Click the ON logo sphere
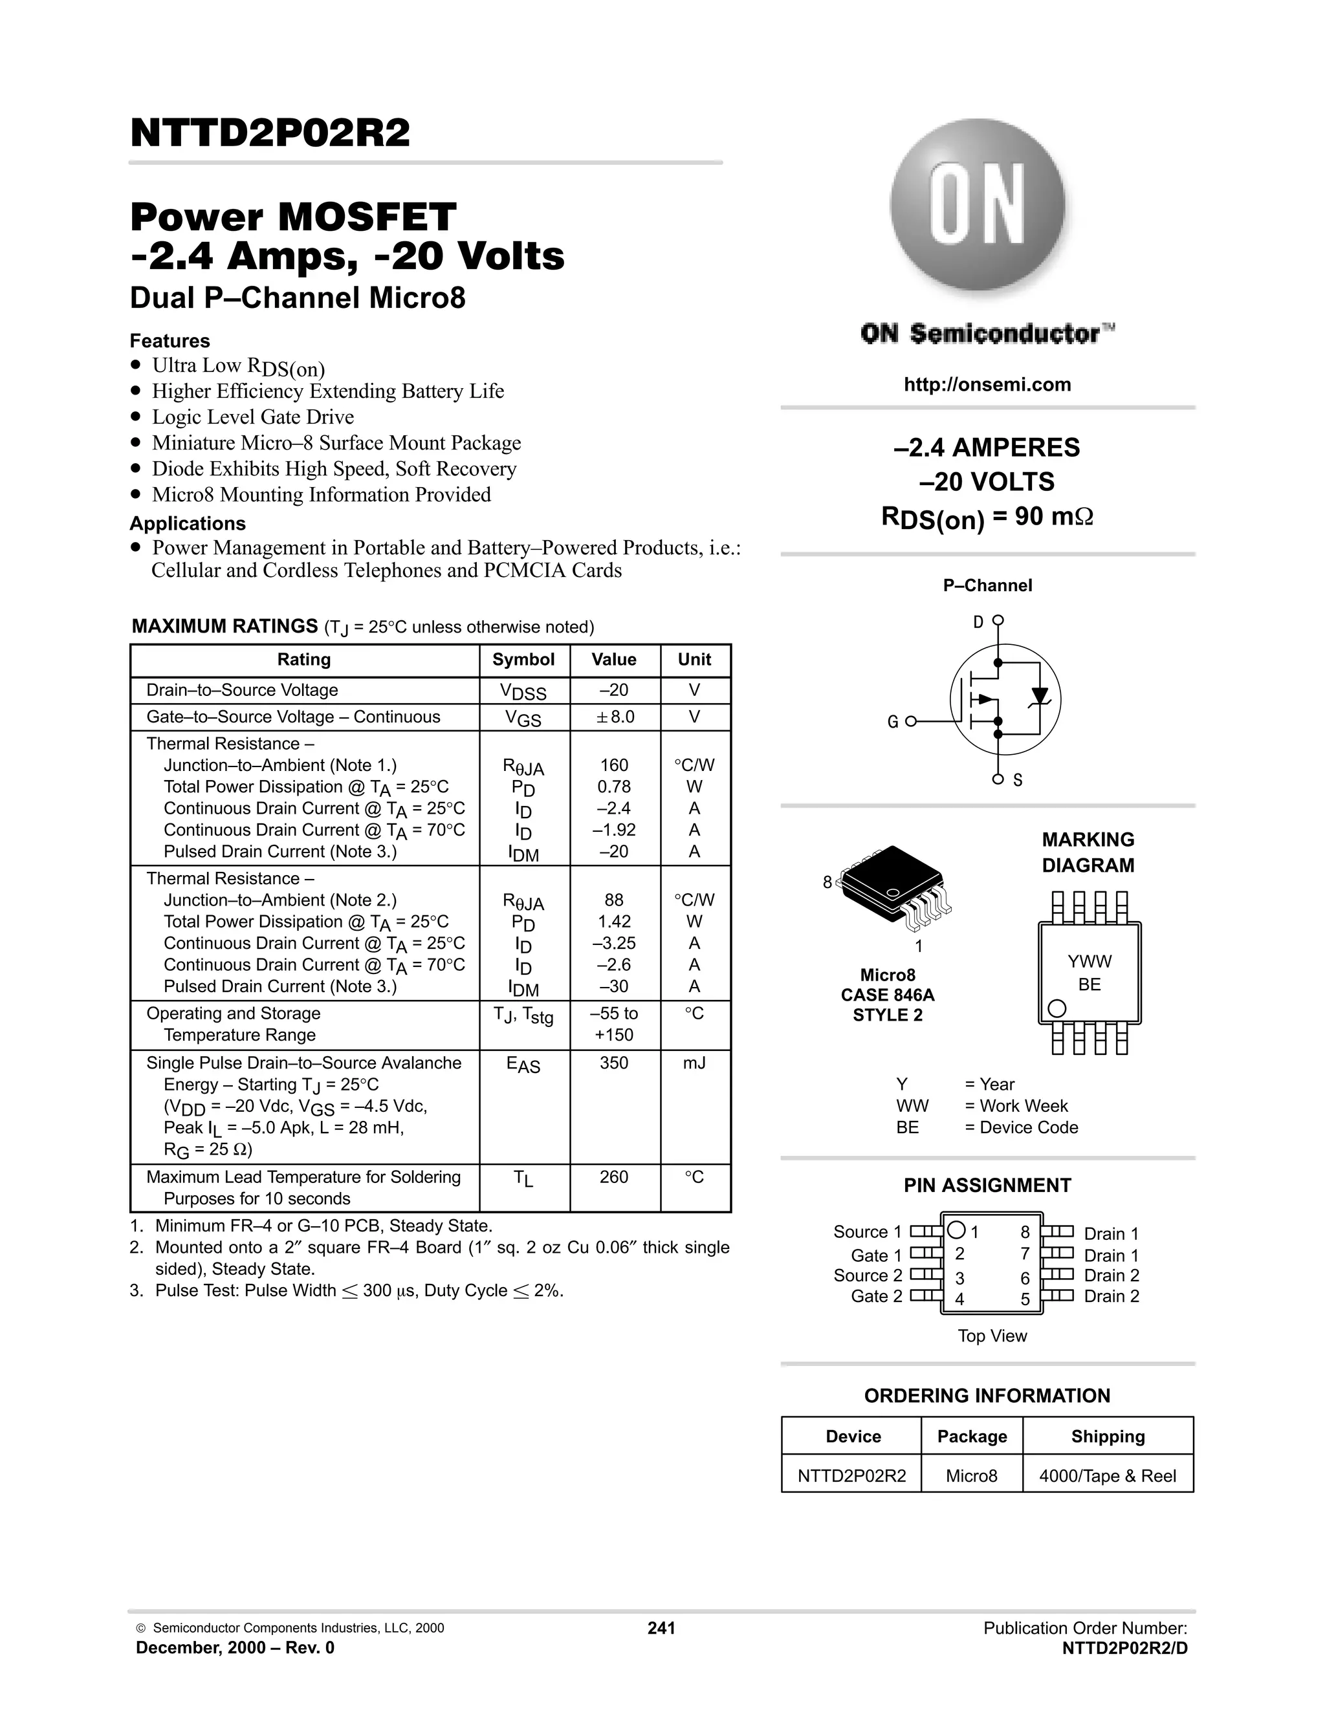click(x=978, y=207)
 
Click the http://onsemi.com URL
click(x=987, y=385)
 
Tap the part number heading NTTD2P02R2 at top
click(x=270, y=133)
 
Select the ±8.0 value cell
click(x=615, y=717)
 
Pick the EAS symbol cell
click(x=523, y=1065)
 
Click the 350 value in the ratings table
click(x=614, y=1063)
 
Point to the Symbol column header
click(x=523, y=659)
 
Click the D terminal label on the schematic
click(x=978, y=622)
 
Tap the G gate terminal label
click(x=892, y=722)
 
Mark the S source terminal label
click(x=1018, y=780)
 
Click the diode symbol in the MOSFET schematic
click(x=1040, y=696)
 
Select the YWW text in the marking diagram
click(x=1090, y=961)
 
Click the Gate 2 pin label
click(x=876, y=1296)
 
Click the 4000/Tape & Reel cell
click(x=1108, y=1476)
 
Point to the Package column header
click(x=972, y=1436)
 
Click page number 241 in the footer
click(x=661, y=1628)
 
